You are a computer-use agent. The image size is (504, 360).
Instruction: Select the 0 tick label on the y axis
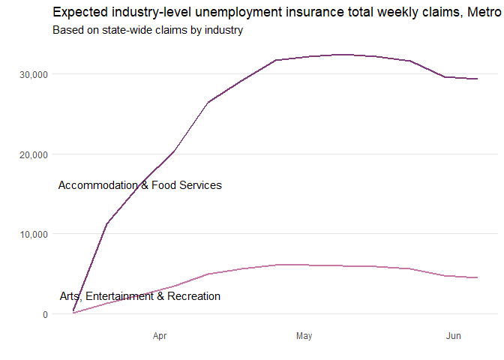[45, 314]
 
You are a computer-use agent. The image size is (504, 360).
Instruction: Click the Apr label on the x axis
[159, 337]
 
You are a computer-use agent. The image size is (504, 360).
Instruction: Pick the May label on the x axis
[304, 337]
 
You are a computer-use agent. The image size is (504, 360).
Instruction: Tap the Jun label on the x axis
[453, 337]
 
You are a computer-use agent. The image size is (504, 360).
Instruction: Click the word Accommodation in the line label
[97, 185]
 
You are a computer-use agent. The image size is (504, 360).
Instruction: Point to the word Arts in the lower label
[71, 296]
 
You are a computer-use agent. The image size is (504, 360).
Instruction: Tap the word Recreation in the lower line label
[193, 296]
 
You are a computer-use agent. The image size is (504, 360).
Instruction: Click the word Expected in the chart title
[78, 12]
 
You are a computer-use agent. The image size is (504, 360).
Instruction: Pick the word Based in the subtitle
[68, 31]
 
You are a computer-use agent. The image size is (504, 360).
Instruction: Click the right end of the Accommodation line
[477, 79]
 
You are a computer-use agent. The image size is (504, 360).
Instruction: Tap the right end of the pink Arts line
[477, 277]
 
